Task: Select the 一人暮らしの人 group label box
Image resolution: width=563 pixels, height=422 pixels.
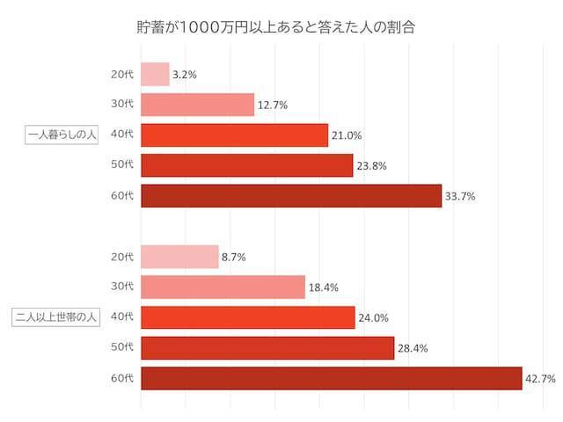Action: (x=62, y=135)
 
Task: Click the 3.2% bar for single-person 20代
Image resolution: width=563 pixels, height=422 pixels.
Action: (x=155, y=75)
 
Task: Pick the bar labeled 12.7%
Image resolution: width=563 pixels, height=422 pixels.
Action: (x=197, y=105)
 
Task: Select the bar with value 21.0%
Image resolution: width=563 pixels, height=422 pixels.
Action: (x=234, y=135)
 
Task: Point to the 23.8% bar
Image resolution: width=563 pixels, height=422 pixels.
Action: (x=246, y=165)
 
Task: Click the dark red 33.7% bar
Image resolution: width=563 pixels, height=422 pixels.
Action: (x=291, y=196)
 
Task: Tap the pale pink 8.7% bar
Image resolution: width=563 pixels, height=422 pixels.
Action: (x=179, y=257)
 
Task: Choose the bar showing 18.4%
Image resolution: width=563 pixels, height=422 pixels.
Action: (x=223, y=287)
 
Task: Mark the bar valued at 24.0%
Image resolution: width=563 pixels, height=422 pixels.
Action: (x=247, y=317)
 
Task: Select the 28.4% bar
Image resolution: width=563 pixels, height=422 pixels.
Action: (x=267, y=348)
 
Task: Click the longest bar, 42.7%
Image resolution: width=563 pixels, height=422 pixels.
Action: (x=332, y=378)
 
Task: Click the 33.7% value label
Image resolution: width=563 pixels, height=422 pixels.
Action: (x=460, y=197)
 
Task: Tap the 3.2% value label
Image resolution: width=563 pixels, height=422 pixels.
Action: (x=185, y=76)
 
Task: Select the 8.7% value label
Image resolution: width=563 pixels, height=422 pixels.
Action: (x=234, y=258)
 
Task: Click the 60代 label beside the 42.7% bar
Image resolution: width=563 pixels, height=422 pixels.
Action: (x=122, y=379)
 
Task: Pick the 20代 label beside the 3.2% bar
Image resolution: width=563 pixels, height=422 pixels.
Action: (x=122, y=75)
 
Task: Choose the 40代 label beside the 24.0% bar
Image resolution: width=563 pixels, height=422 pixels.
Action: (x=122, y=317)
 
